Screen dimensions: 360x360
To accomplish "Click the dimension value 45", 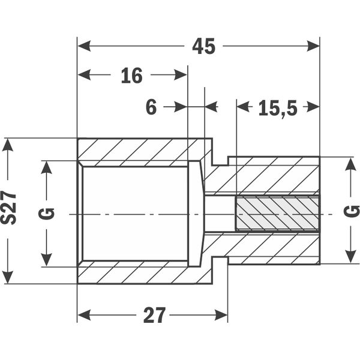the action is (x=203, y=46).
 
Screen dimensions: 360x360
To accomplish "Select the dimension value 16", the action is (x=131, y=76).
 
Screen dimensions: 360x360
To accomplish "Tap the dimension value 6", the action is (x=151, y=107).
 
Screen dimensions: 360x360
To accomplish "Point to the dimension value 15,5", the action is (x=278, y=108).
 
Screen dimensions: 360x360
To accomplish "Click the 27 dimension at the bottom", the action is (x=154, y=315).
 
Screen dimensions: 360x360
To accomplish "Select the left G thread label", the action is (x=47, y=214).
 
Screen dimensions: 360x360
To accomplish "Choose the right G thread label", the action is (x=351, y=211).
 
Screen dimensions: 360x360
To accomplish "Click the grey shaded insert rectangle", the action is (x=278, y=213).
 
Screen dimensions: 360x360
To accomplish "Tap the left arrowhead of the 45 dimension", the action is (x=84, y=46).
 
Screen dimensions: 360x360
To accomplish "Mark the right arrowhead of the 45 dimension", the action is (x=313, y=46).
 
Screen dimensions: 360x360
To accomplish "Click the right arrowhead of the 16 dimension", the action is (x=181, y=75).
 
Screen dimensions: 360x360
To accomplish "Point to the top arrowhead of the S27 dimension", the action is (x=8, y=145).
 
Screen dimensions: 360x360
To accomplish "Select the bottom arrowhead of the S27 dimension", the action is (x=8, y=277).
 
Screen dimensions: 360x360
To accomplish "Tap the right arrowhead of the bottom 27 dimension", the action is (x=221, y=315).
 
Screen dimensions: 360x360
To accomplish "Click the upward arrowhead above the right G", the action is (x=350, y=164).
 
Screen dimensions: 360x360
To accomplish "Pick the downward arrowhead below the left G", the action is (x=47, y=260).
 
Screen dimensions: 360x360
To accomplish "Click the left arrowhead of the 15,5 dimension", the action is (x=243, y=107).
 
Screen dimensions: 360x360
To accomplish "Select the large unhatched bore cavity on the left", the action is (x=135, y=214).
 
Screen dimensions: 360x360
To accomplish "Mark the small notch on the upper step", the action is (x=220, y=161).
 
